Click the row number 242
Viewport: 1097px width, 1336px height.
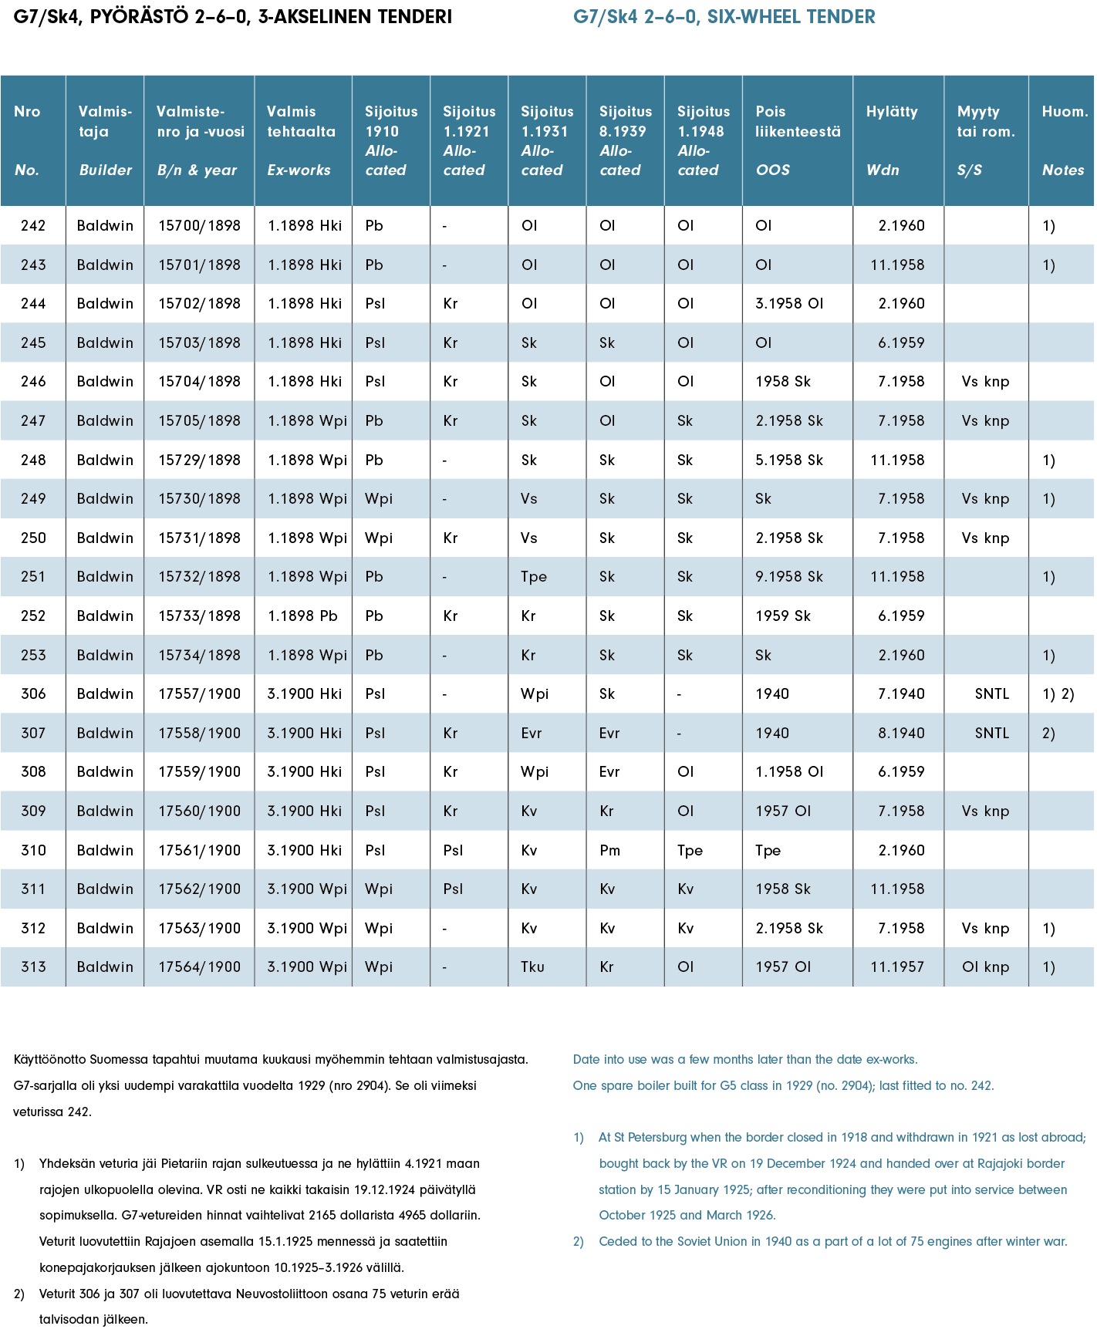(x=33, y=226)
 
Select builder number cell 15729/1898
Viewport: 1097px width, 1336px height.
(x=199, y=461)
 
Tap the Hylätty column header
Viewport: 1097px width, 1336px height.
(x=892, y=112)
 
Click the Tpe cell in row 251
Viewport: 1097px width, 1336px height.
(x=534, y=577)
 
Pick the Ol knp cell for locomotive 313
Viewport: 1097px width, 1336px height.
(x=985, y=967)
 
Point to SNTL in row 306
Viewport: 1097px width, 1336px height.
(x=991, y=694)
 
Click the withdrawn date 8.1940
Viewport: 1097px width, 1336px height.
(x=900, y=734)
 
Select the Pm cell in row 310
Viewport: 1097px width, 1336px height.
(x=609, y=851)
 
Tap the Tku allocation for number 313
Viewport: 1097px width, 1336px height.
(x=532, y=967)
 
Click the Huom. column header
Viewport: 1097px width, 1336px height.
(x=1065, y=112)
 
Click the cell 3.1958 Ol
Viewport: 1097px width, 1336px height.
(x=789, y=304)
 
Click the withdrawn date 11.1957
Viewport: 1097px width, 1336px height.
(x=897, y=967)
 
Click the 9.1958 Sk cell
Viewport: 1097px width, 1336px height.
(x=789, y=577)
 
